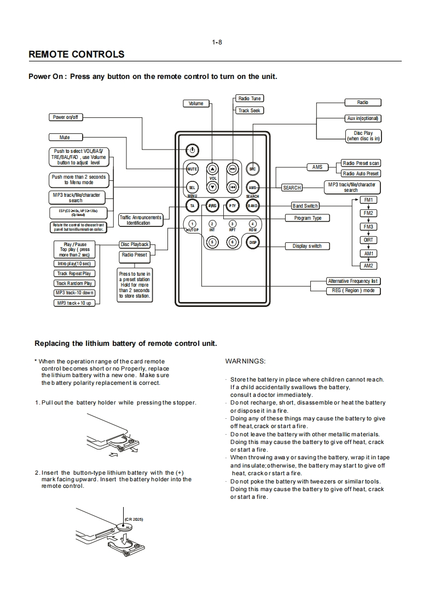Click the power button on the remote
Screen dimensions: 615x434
tap(192, 150)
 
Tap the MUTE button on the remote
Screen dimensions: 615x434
tap(192, 169)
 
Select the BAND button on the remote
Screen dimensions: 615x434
tap(252, 206)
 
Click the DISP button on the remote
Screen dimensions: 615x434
tap(252, 242)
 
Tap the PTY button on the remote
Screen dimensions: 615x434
tap(232, 206)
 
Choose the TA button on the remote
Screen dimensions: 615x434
tap(192, 206)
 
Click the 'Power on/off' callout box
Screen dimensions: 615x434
tap(66, 117)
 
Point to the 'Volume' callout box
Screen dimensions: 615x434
tap(196, 104)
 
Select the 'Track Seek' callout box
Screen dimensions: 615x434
tap(249, 111)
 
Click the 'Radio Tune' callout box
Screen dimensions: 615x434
tap(249, 99)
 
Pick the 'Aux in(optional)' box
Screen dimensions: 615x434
tap(363, 118)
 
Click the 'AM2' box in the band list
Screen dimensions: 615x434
tap(368, 266)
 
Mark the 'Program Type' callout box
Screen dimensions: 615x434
tap(308, 218)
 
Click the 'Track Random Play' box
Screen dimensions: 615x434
tap(74, 283)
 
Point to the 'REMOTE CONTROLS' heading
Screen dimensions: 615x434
tap(76, 54)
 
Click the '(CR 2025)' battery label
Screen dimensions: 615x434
tap(134, 519)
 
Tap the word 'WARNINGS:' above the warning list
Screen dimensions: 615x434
tap(245, 361)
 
